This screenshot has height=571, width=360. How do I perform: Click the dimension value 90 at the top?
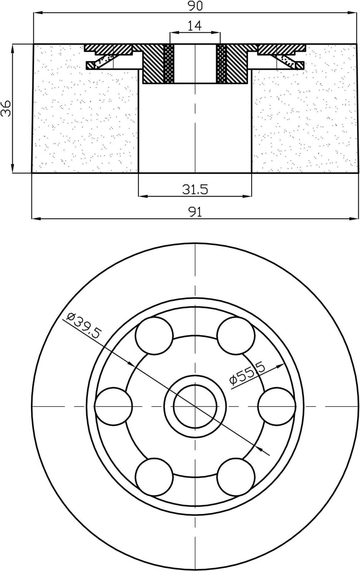(x=195, y=6)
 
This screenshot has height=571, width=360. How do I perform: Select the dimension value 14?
(x=195, y=26)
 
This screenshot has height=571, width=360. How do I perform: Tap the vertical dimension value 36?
(x=6, y=108)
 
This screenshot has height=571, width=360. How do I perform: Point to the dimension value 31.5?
(x=195, y=189)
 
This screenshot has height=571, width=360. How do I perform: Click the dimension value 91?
(x=195, y=212)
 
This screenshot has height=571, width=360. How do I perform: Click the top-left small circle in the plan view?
(x=154, y=335)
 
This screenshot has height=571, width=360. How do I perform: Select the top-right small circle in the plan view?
(x=236, y=335)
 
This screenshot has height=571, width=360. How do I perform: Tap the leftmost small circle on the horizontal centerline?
(x=113, y=406)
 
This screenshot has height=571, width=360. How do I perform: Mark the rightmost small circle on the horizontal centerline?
(x=277, y=406)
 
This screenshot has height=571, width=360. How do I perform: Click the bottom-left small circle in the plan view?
(x=154, y=477)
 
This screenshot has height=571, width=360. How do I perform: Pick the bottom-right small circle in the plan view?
(x=236, y=477)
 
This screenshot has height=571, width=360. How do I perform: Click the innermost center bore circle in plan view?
(x=195, y=406)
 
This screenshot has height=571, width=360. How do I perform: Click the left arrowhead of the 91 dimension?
(x=36, y=219)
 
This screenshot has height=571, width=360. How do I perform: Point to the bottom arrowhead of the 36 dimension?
(x=12, y=169)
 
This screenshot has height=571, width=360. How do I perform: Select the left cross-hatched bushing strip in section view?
(x=169, y=64)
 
